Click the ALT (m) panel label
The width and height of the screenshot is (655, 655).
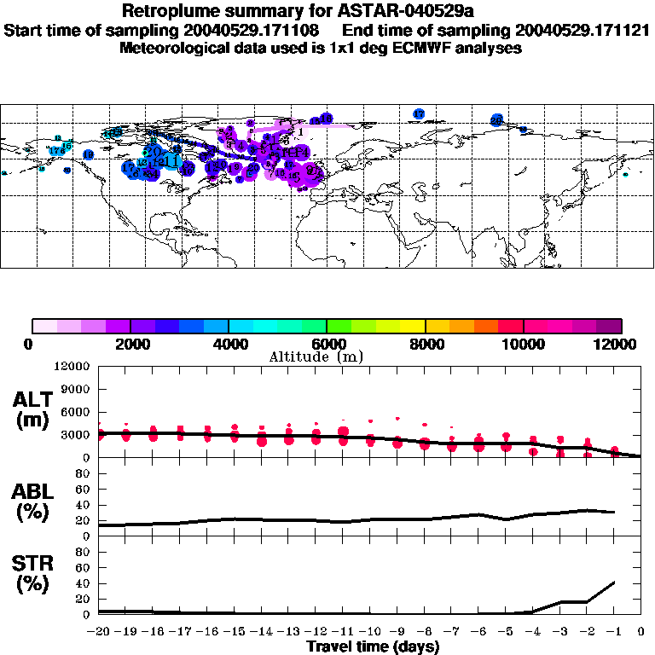point(35,409)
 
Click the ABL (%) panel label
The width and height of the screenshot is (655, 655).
point(35,502)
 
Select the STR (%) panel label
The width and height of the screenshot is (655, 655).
point(35,575)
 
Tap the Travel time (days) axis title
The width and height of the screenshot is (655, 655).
point(373,647)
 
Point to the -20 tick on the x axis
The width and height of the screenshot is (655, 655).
point(101,633)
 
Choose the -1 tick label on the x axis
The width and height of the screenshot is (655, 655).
point(614,633)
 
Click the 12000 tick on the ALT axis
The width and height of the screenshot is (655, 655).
point(72,367)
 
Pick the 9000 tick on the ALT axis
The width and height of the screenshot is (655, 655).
point(76,390)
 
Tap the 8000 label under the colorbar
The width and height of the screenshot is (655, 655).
point(425,344)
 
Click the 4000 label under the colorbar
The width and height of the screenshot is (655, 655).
point(229,344)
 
